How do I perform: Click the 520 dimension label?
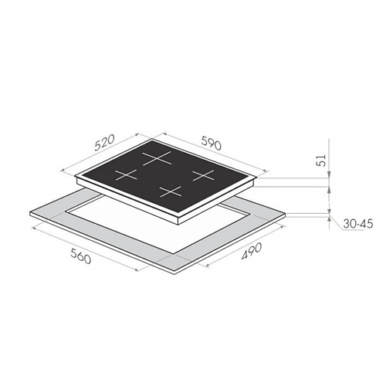[104, 143]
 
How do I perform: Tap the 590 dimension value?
[211, 143]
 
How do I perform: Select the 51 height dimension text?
[321, 160]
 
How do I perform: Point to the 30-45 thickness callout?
[358, 224]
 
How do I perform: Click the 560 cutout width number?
[80, 256]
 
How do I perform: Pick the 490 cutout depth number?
[252, 251]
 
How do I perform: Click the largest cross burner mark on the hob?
[157, 158]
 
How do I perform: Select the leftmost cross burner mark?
[126, 174]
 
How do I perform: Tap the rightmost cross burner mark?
[203, 175]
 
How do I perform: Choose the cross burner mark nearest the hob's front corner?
[171, 191]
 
